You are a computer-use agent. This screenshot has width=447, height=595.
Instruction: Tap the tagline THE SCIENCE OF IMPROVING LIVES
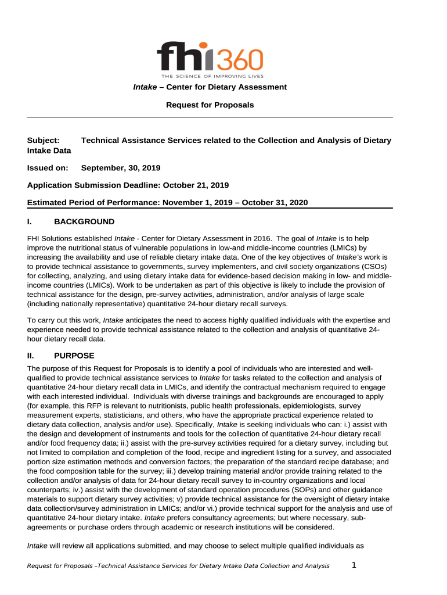[212, 76]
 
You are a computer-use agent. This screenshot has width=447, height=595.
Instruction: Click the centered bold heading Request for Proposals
[210, 105]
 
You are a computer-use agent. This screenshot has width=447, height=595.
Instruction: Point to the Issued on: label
[48, 167]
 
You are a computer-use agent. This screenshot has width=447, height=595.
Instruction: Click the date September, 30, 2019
[121, 167]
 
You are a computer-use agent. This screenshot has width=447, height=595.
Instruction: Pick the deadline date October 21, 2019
[196, 185]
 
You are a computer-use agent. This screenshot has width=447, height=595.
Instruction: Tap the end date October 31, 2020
[275, 202]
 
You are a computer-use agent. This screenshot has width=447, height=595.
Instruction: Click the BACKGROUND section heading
[84, 221]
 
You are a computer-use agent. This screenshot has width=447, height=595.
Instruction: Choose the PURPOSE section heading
[74, 355]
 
